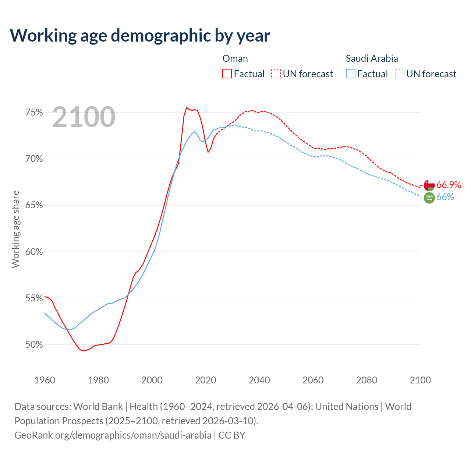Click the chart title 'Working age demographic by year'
[140, 36]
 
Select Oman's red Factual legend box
[227, 74]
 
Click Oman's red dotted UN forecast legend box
[276, 74]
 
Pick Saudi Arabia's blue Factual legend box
[351, 74]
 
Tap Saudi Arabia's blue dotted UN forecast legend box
[400, 74]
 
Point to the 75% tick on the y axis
[34, 113]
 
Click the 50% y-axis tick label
[34, 345]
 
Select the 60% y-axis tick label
[34, 252]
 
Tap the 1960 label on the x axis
[45, 380]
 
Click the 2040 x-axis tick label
[259, 380]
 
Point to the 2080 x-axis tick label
[366, 380]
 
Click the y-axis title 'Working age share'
[15, 229]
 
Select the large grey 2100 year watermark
[84, 117]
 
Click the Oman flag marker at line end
[429, 185]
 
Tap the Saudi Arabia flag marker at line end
[429, 198]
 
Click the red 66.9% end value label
[449, 185]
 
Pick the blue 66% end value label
[445, 197]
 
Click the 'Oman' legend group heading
[235, 59]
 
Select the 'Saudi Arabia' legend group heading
[372, 59]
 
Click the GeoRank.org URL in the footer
[113, 435]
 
